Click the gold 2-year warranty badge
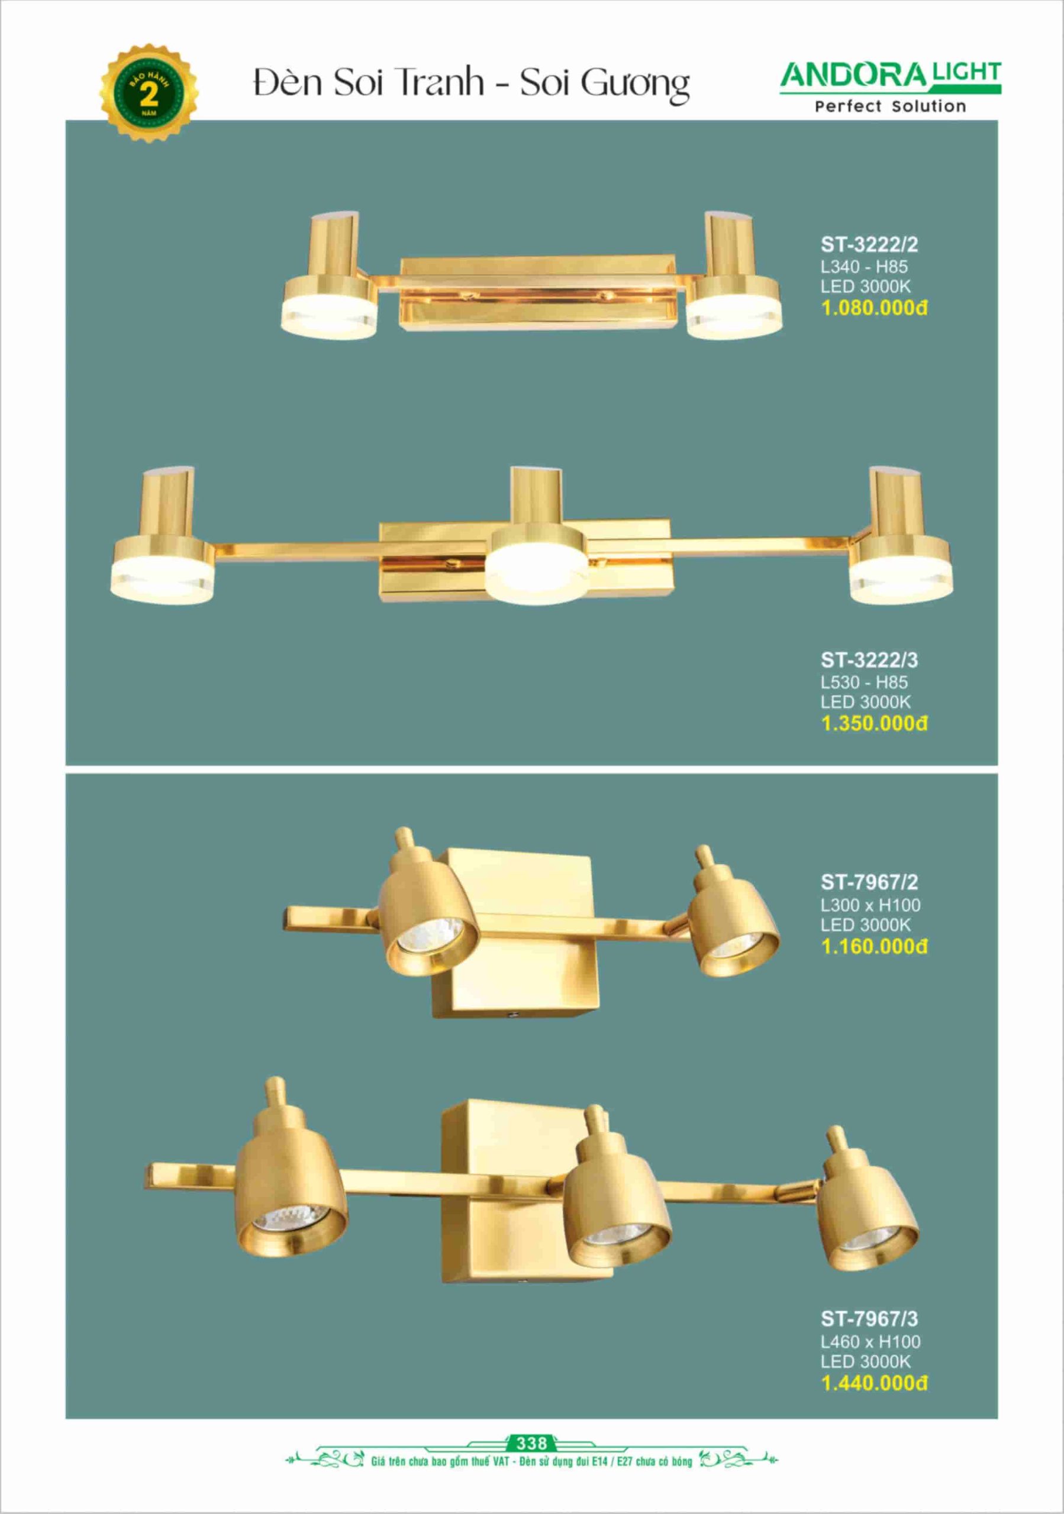149,93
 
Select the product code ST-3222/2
869,245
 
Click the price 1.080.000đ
874,308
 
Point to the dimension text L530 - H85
864,682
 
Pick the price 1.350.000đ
874,723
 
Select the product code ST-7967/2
869,882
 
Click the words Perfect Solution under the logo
891,106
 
